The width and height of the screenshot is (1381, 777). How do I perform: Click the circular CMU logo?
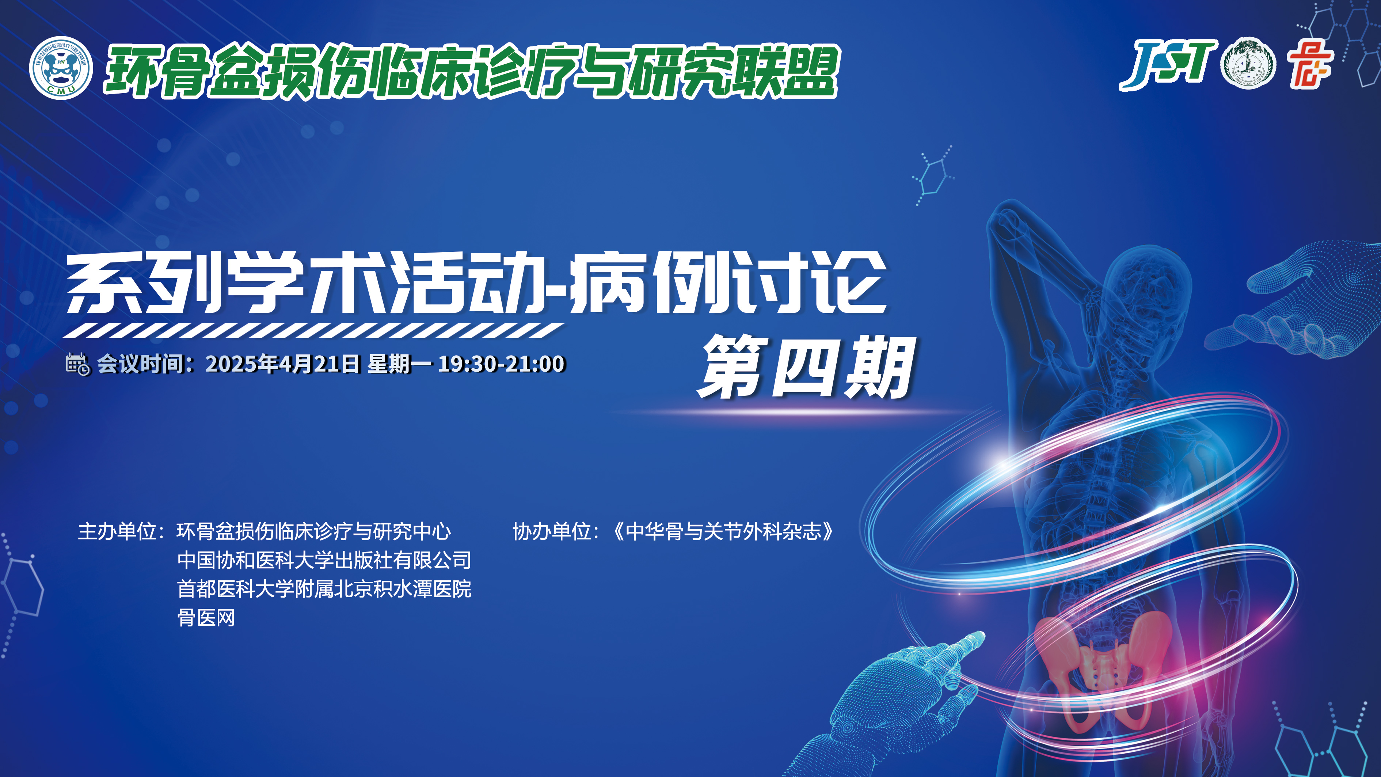point(61,68)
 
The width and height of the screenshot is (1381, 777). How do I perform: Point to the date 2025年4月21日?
point(282,364)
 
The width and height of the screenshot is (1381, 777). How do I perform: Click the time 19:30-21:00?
point(501,364)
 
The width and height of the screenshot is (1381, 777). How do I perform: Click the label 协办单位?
point(552,531)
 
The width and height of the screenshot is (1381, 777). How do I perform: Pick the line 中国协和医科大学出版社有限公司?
point(324,560)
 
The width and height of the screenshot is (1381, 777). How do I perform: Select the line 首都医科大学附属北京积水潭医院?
point(324,589)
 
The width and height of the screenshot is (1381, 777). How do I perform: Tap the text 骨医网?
point(206,618)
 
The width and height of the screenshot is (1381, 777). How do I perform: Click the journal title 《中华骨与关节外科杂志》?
point(724,531)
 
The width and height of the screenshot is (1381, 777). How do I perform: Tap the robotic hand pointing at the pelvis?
point(901,697)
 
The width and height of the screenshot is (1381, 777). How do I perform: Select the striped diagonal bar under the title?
point(313,330)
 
